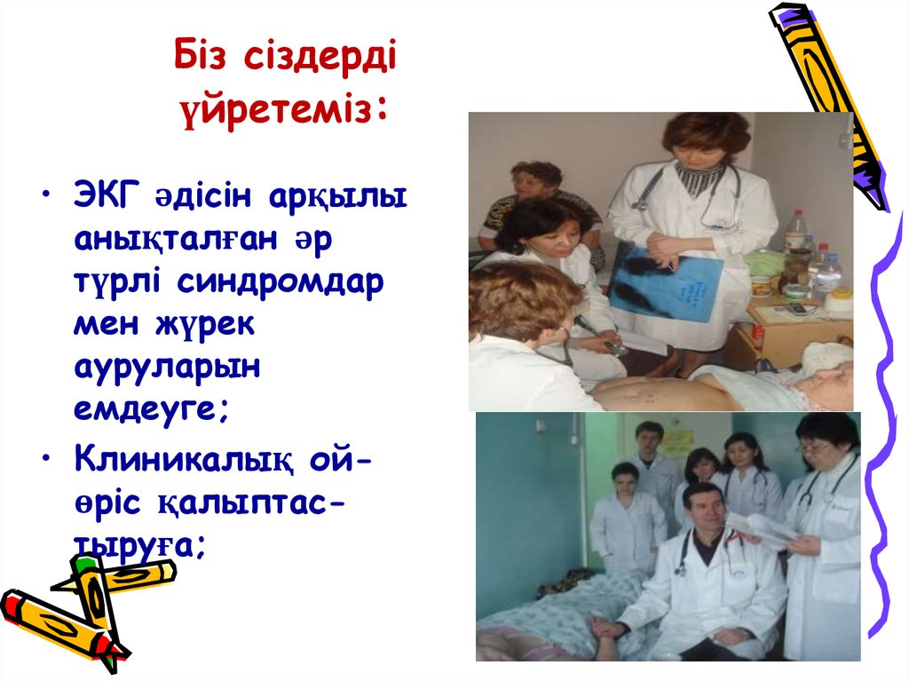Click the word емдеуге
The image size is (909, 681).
[152, 409]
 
